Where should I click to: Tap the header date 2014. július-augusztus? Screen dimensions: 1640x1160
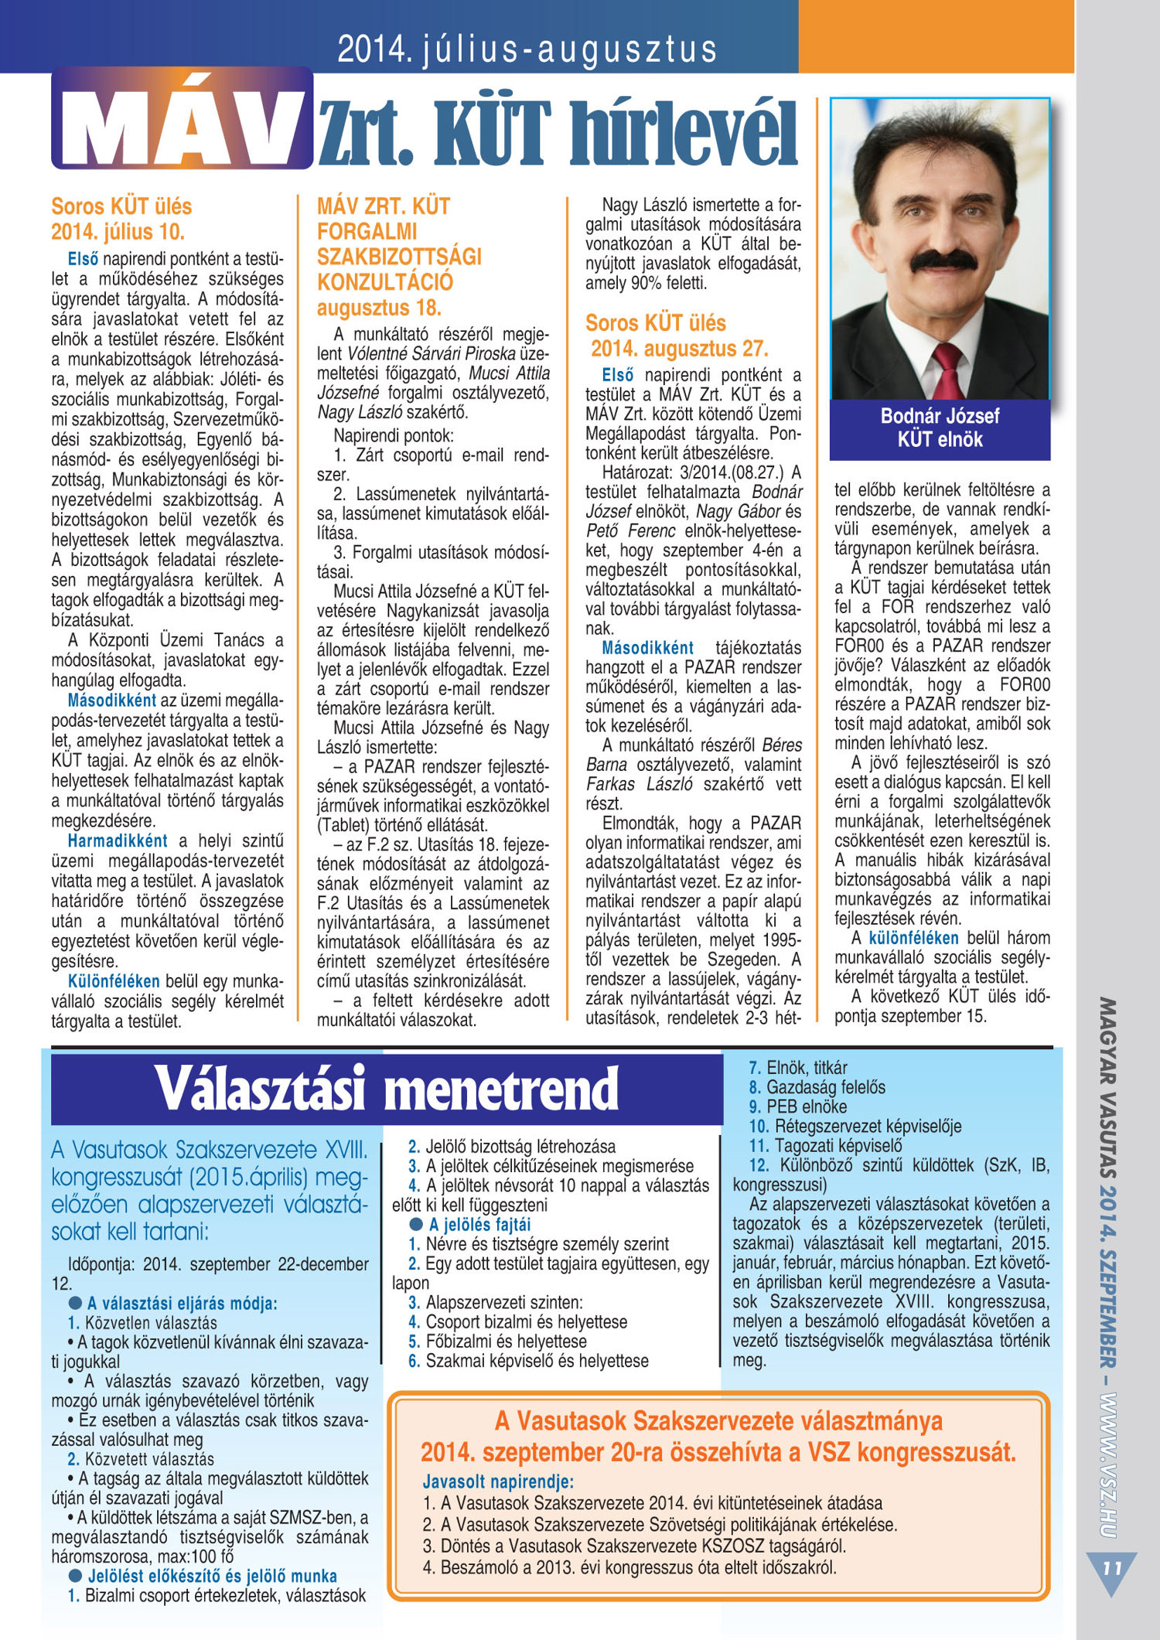click(527, 49)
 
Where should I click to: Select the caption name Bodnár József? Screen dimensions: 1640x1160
click(940, 416)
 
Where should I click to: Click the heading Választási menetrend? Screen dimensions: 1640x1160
click(387, 1089)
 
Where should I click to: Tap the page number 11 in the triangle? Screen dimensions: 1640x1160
click(1112, 1568)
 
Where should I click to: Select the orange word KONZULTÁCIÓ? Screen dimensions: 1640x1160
click(384, 282)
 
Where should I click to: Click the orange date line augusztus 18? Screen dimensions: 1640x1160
click(379, 308)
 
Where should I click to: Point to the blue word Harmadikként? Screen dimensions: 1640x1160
click(118, 840)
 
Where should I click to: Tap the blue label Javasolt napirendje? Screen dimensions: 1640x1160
click(498, 1481)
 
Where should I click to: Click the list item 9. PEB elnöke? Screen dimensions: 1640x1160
click(797, 1106)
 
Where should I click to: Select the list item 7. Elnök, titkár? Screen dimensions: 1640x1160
click(797, 1068)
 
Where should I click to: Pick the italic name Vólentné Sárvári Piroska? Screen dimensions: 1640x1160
click(432, 353)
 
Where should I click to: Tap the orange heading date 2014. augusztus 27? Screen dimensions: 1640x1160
click(679, 349)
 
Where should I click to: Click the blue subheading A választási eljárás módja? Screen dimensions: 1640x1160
click(182, 1303)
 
